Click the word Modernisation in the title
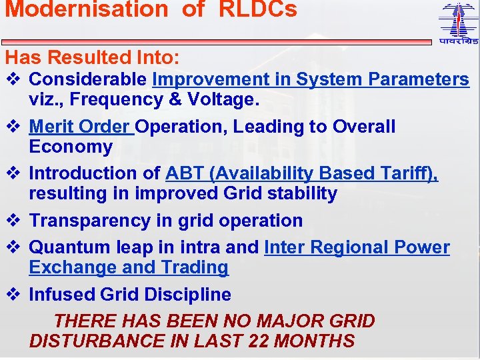click(86, 10)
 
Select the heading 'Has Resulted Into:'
click(92, 58)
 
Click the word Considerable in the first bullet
click(89, 79)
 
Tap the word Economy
click(71, 147)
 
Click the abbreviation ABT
click(184, 173)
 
